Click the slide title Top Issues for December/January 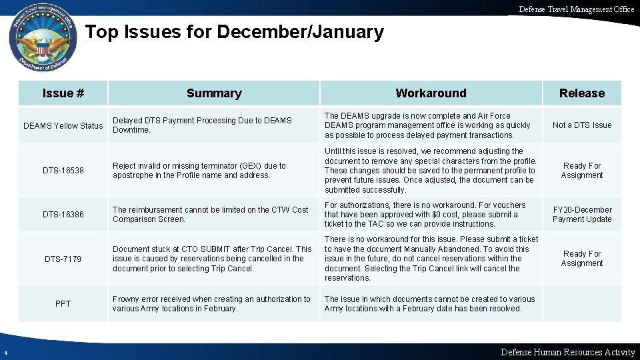235,32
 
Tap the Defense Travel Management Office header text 577,9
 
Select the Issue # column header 63,93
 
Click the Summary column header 214,93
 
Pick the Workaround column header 431,93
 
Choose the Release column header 581,93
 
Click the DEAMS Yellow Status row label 63,125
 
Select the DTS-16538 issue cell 63,171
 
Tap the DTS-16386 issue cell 63,215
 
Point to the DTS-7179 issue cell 63,259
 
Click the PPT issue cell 63,304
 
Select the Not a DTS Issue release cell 581,125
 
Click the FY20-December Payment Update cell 581,215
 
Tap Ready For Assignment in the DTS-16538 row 581,171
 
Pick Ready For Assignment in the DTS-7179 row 581,259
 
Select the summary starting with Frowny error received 211,304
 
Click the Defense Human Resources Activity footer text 567,352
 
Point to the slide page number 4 4,353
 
